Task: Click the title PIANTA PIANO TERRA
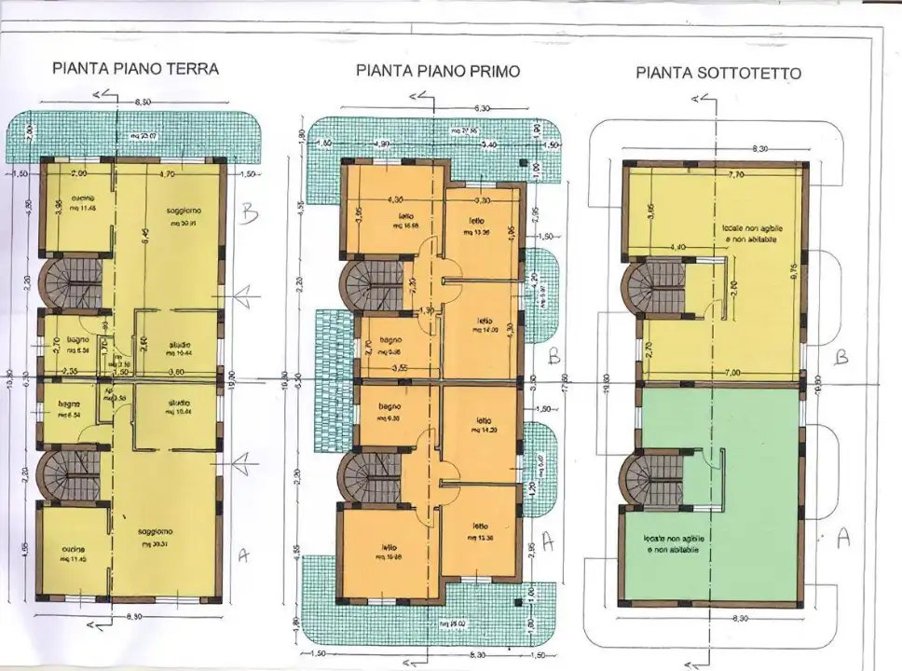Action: (136, 68)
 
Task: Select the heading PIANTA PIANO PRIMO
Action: (437, 71)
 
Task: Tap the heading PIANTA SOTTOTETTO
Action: (717, 73)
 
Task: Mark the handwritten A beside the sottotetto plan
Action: (844, 538)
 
